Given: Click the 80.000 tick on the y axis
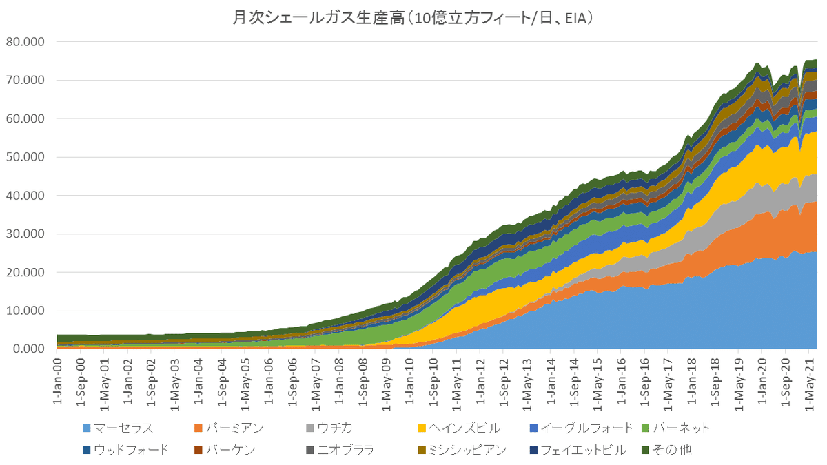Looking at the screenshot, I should click(x=25, y=41).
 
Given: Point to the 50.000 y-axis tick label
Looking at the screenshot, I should click(x=25, y=157).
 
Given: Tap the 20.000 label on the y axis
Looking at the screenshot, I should click(x=25, y=273).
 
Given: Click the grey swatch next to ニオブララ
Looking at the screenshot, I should click(x=311, y=451).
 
